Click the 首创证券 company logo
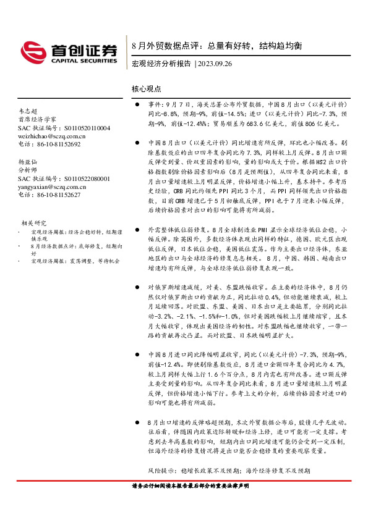pos(69,51)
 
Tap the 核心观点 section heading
pos(147,89)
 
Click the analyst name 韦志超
pos(28,111)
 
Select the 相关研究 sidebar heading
pos(33,222)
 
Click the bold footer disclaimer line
pos(190,486)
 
